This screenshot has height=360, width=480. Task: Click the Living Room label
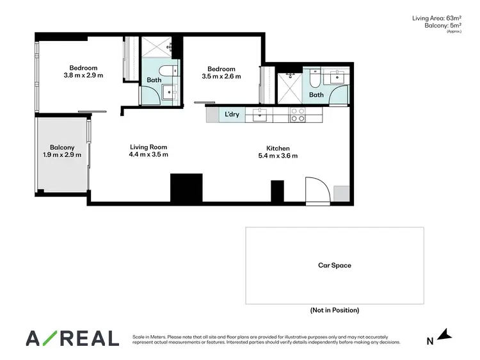[x=148, y=147]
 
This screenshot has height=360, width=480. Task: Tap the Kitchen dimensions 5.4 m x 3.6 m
[x=278, y=156]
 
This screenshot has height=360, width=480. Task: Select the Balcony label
[x=63, y=147]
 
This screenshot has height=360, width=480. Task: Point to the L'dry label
[x=231, y=114]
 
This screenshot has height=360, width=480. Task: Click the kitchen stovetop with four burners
[x=298, y=115]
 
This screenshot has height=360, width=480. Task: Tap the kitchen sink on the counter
[x=260, y=115]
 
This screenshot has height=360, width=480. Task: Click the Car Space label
[x=335, y=265]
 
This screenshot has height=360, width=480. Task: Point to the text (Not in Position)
[x=335, y=310]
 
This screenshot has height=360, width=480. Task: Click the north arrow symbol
[x=447, y=334]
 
